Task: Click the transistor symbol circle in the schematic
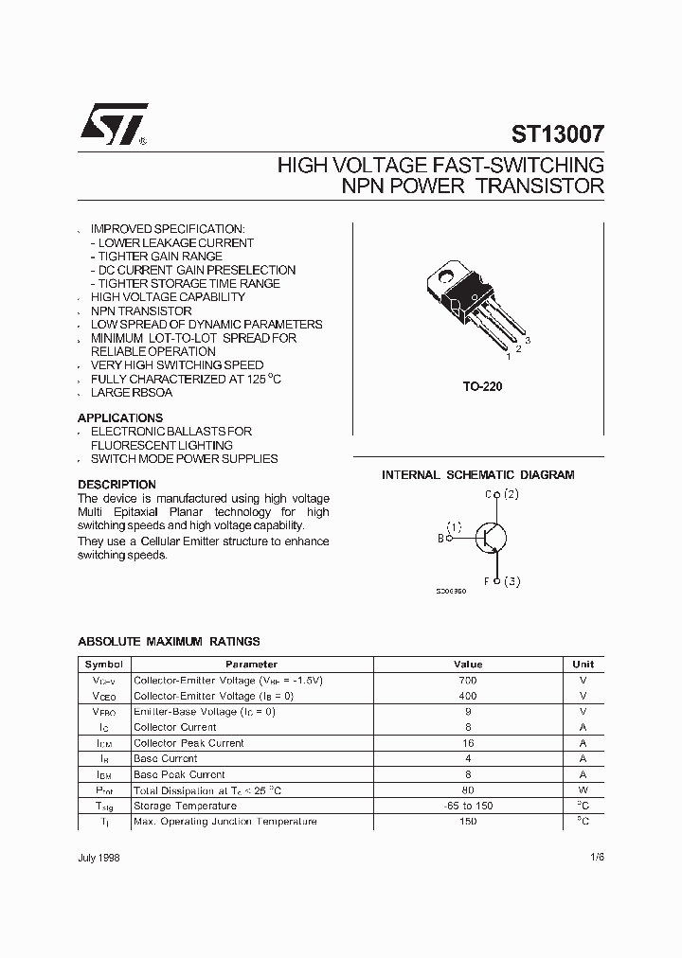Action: (491, 538)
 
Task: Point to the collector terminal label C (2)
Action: (501, 494)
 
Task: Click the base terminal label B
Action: (440, 538)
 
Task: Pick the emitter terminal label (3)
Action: (511, 581)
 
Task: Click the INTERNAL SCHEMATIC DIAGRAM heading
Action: (477, 475)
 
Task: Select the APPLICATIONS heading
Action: (120, 417)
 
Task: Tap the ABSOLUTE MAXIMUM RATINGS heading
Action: (169, 641)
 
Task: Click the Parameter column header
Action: (251, 665)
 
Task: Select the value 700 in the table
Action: (467, 680)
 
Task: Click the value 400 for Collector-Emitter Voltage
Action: (467, 696)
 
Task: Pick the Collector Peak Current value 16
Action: (467, 743)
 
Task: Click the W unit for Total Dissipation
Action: (583, 789)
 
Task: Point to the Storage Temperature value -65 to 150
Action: (467, 806)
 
